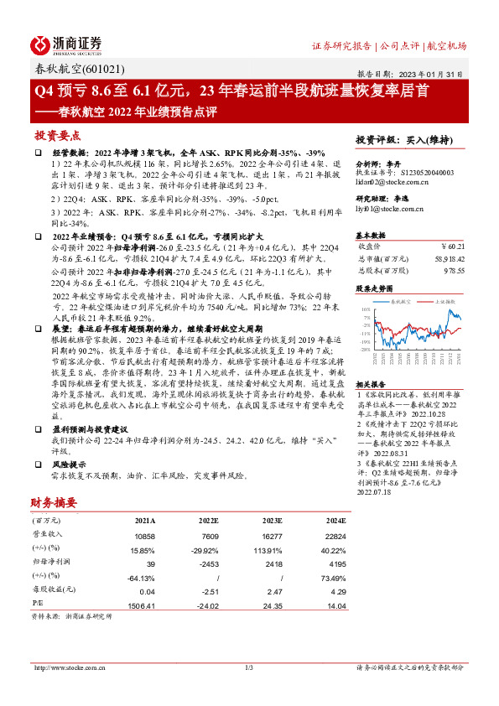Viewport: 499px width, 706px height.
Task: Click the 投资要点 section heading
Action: coord(58,134)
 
